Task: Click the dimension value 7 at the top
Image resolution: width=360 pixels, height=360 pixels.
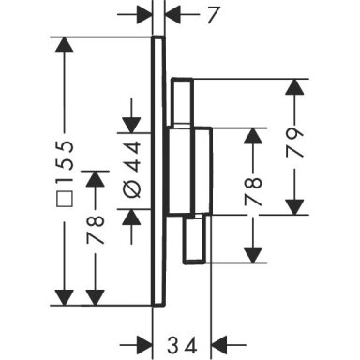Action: [x=212, y=14]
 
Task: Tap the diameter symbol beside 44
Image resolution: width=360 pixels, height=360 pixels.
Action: [x=132, y=188]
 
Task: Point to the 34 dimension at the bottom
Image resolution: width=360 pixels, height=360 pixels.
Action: [x=182, y=345]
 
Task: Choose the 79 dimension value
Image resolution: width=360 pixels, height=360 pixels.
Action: [x=294, y=142]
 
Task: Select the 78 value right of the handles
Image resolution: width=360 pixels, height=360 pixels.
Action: [x=252, y=191]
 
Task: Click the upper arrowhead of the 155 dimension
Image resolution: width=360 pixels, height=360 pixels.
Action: [x=65, y=45]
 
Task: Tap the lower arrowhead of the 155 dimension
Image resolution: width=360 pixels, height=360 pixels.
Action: [x=65, y=297]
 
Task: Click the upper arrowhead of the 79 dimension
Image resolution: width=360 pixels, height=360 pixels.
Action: [x=294, y=87]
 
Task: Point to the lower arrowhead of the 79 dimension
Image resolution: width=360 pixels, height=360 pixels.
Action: [x=294, y=207]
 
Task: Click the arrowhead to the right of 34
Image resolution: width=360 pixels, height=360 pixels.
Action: [x=219, y=345]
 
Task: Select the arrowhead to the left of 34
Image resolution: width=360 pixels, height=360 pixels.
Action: [x=144, y=345]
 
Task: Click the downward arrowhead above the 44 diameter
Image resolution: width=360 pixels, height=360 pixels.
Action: [x=131, y=126]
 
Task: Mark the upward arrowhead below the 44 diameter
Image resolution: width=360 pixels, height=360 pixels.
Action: [x=131, y=217]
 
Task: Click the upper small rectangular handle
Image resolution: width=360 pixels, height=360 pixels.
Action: [x=182, y=101]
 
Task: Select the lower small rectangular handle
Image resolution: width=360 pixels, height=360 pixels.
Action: [x=194, y=240]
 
